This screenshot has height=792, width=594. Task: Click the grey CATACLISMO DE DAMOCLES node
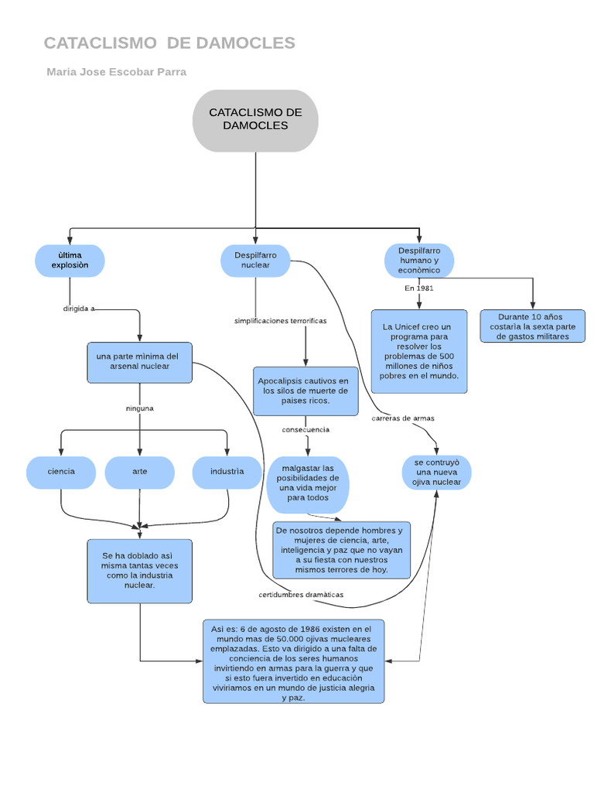pyautogui.click(x=255, y=120)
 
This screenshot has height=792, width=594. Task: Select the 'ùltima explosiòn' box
pyautogui.click(x=70, y=261)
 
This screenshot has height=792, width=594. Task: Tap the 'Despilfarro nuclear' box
pyautogui.click(x=255, y=261)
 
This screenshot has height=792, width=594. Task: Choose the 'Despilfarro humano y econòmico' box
pyautogui.click(x=419, y=261)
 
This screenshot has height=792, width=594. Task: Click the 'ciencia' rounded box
pyautogui.click(x=61, y=472)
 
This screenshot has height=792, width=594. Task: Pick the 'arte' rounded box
pyautogui.click(x=140, y=472)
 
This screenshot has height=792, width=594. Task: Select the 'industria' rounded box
pyautogui.click(x=227, y=472)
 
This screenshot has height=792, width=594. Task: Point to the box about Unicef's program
pyautogui.click(x=419, y=351)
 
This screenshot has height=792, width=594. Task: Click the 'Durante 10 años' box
pyautogui.click(x=532, y=326)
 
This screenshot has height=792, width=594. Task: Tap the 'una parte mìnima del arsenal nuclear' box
pyautogui.click(x=139, y=362)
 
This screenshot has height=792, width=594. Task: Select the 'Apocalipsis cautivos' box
pyautogui.click(x=306, y=391)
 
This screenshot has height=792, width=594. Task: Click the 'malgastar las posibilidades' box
pyautogui.click(x=308, y=483)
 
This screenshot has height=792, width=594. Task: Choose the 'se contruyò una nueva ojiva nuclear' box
pyautogui.click(x=437, y=472)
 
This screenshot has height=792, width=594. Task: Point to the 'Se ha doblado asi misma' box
pyautogui.click(x=140, y=571)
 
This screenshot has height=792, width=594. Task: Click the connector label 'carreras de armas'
pyautogui.click(x=403, y=418)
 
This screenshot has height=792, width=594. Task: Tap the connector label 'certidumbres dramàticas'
pyautogui.click(x=301, y=594)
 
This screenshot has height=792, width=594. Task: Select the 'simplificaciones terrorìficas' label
pyautogui.click(x=280, y=320)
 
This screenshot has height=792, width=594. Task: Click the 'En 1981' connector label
pyautogui.click(x=419, y=288)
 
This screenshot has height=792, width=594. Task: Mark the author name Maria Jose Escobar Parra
pyautogui.click(x=116, y=72)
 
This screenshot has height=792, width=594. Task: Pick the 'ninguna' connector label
pyautogui.click(x=140, y=408)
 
